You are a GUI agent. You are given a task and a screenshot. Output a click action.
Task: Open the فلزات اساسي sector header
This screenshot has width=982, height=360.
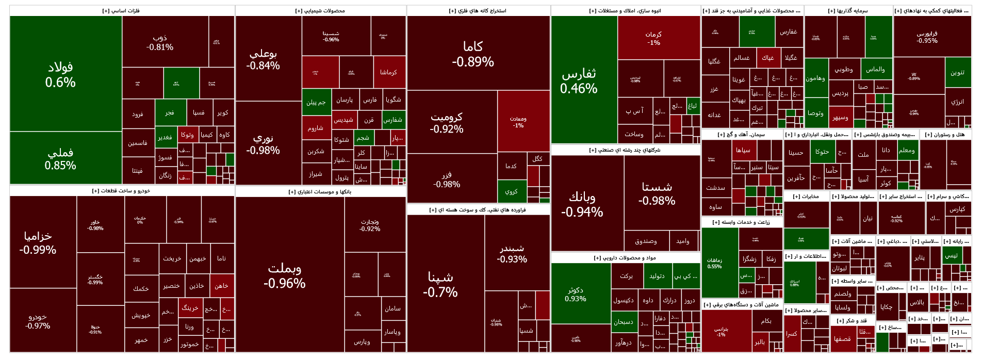(122, 11)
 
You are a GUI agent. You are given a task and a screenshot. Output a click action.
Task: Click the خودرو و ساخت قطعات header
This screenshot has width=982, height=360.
(122, 191)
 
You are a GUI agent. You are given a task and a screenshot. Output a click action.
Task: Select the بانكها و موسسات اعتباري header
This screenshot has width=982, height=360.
(320, 192)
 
